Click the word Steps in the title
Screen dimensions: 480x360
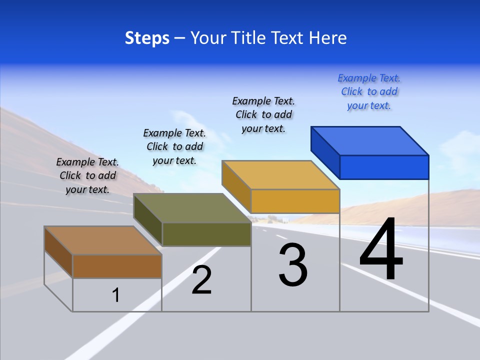147,38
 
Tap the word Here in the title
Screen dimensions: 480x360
327,38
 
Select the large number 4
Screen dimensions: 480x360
381,250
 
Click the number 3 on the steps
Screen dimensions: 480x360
293,265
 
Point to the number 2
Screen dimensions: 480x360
202,280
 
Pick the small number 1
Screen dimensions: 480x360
116,295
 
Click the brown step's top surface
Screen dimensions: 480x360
103,240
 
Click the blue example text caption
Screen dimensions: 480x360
369,92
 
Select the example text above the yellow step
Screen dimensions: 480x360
263,114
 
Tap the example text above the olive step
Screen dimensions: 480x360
174,146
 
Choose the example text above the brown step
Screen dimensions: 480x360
87,175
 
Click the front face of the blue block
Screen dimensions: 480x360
384,167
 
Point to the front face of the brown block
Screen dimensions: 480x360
117,266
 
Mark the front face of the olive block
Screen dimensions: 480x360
206,234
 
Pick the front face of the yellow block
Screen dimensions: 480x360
295,201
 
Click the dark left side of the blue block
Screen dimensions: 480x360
325,151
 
